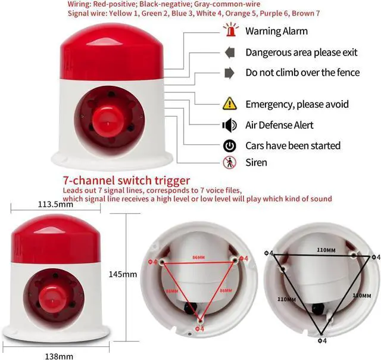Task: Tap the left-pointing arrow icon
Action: (x=230, y=52)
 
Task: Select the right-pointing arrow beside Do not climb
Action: (x=230, y=73)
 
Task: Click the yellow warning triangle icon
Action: (x=230, y=104)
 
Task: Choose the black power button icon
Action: (x=230, y=145)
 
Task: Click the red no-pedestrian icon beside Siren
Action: (x=229, y=162)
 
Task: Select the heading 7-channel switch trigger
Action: (x=126, y=180)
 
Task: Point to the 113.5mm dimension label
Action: (x=55, y=204)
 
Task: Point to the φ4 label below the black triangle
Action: (x=322, y=341)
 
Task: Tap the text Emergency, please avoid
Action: (x=297, y=104)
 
